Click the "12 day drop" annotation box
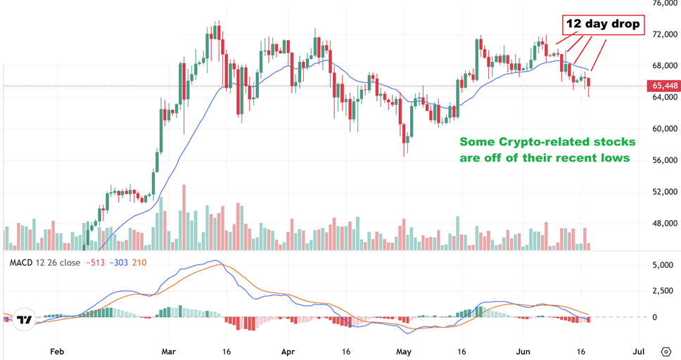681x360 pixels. [604, 24]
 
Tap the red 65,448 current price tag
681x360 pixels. [664, 85]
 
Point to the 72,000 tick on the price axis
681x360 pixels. [664, 34]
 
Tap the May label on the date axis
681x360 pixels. [403, 349]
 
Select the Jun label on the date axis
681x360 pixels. [521, 349]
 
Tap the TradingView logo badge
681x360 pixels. [25, 319]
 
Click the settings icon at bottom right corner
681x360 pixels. [666, 350]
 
